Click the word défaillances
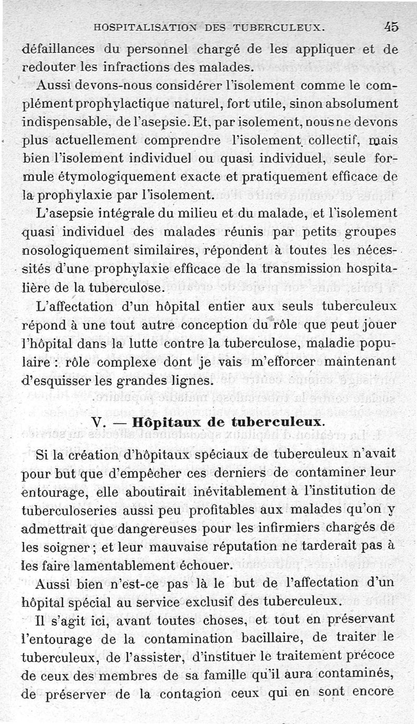pyautogui.click(x=58, y=50)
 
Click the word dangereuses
pyautogui.click(x=153, y=527)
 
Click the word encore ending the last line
pyautogui.click(x=373, y=693)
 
